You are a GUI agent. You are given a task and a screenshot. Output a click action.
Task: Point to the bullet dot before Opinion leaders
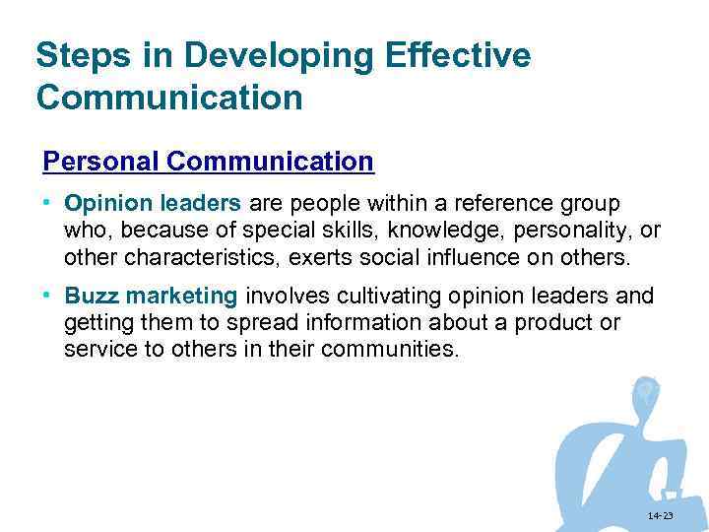(47, 204)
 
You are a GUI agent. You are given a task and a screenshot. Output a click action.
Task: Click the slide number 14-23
(660, 516)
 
